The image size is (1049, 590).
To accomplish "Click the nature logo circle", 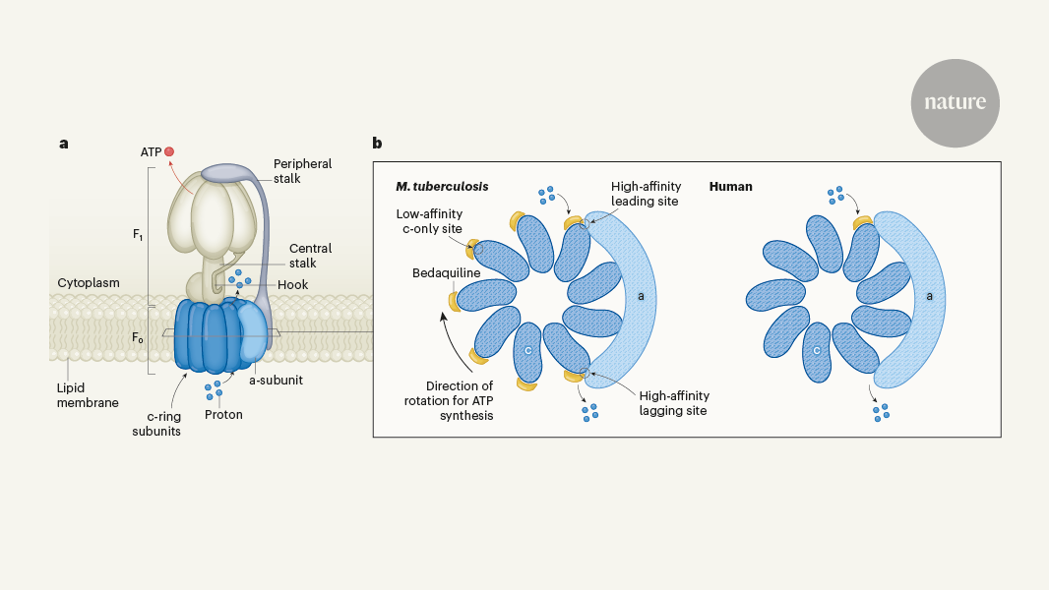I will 955,103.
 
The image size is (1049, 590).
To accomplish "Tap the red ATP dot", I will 169,151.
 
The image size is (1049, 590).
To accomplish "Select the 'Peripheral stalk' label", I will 302,171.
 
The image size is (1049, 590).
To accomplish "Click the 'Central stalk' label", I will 310,256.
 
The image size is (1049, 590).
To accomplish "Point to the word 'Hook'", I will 292,285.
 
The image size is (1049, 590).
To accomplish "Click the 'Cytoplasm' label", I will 89,283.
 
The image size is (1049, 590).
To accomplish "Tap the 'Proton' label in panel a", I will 223,414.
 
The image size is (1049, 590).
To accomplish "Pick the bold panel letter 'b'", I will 378,144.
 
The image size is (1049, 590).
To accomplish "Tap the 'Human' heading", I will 730,187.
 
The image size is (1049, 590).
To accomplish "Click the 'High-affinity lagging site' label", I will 673,403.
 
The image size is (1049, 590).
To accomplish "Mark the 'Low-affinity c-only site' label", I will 429,221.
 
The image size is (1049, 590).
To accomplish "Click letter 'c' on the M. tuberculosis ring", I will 528,349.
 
